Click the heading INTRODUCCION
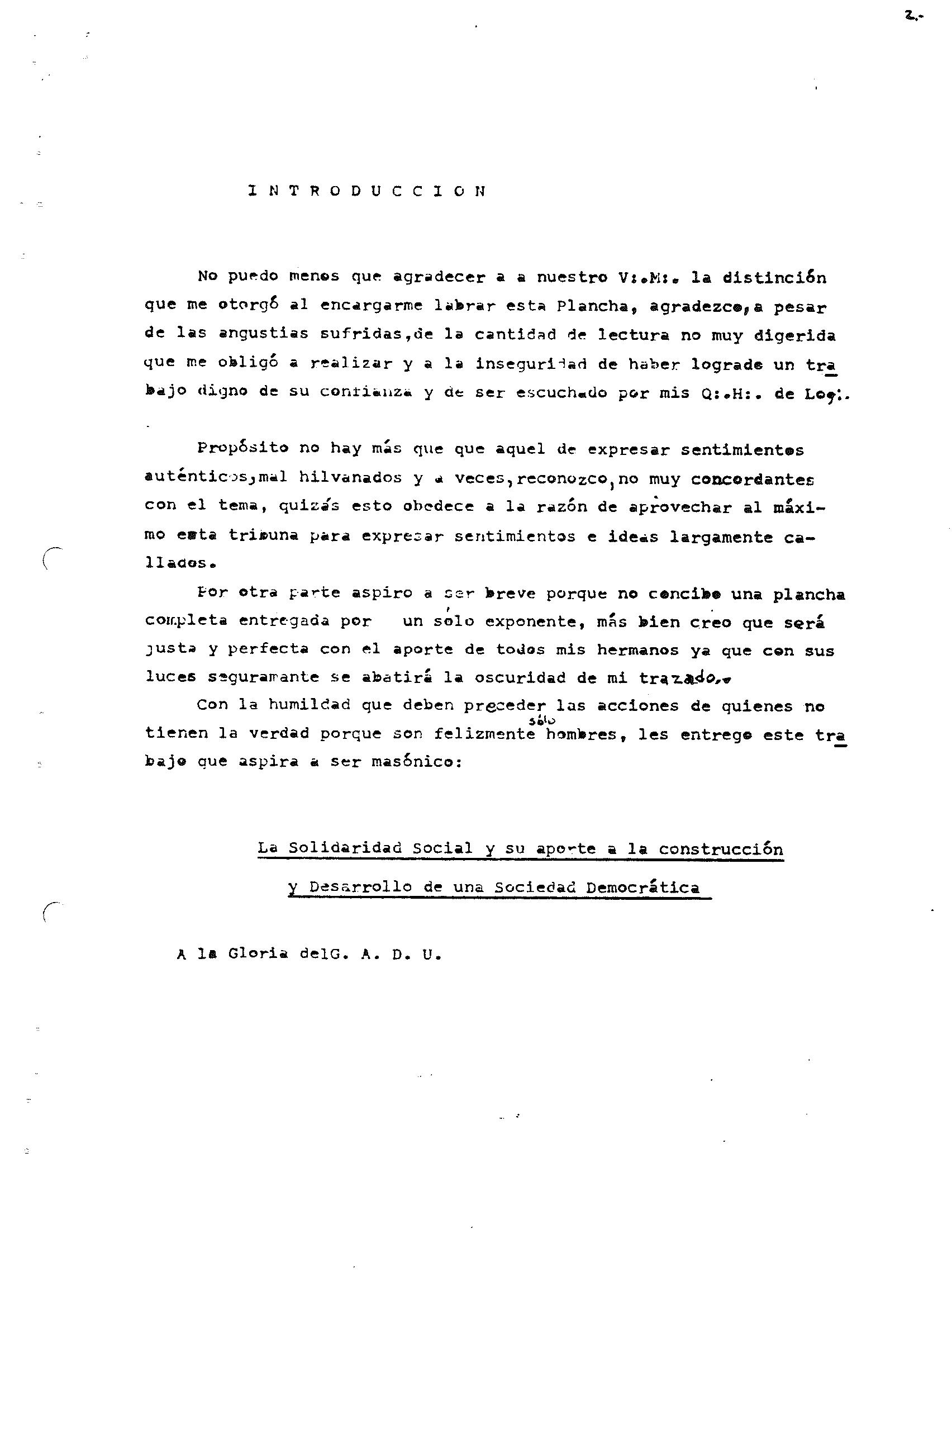point(367,191)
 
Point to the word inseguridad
point(531,364)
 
